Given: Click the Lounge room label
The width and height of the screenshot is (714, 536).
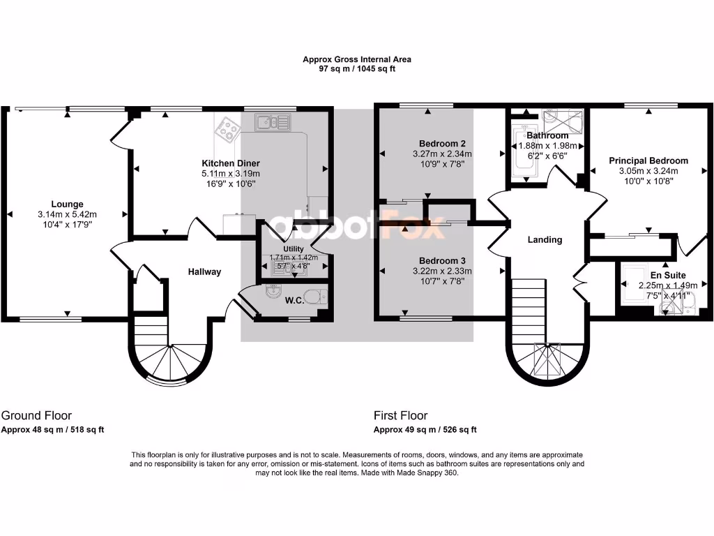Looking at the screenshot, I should [x=67, y=205].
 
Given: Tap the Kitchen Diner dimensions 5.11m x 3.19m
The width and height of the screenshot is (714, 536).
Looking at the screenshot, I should [x=230, y=174].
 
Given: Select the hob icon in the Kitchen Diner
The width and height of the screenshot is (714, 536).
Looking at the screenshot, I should [x=227, y=128].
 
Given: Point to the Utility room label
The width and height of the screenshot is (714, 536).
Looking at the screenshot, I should [x=294, y=248].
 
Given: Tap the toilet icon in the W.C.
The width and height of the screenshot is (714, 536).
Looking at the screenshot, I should [x=317, y=297].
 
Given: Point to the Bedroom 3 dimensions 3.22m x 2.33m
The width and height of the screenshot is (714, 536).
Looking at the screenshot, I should [x=442, y=271].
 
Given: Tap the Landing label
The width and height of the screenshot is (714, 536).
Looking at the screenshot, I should [x=545, y=239].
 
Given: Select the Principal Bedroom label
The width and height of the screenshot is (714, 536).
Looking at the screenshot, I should [x=648, y=161].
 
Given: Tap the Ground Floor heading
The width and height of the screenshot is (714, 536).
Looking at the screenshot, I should [x=37, y=415].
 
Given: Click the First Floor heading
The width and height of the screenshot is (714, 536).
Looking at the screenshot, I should [x=400, y=415].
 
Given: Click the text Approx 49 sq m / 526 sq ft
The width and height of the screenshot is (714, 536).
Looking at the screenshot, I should [x=425, y=430].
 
